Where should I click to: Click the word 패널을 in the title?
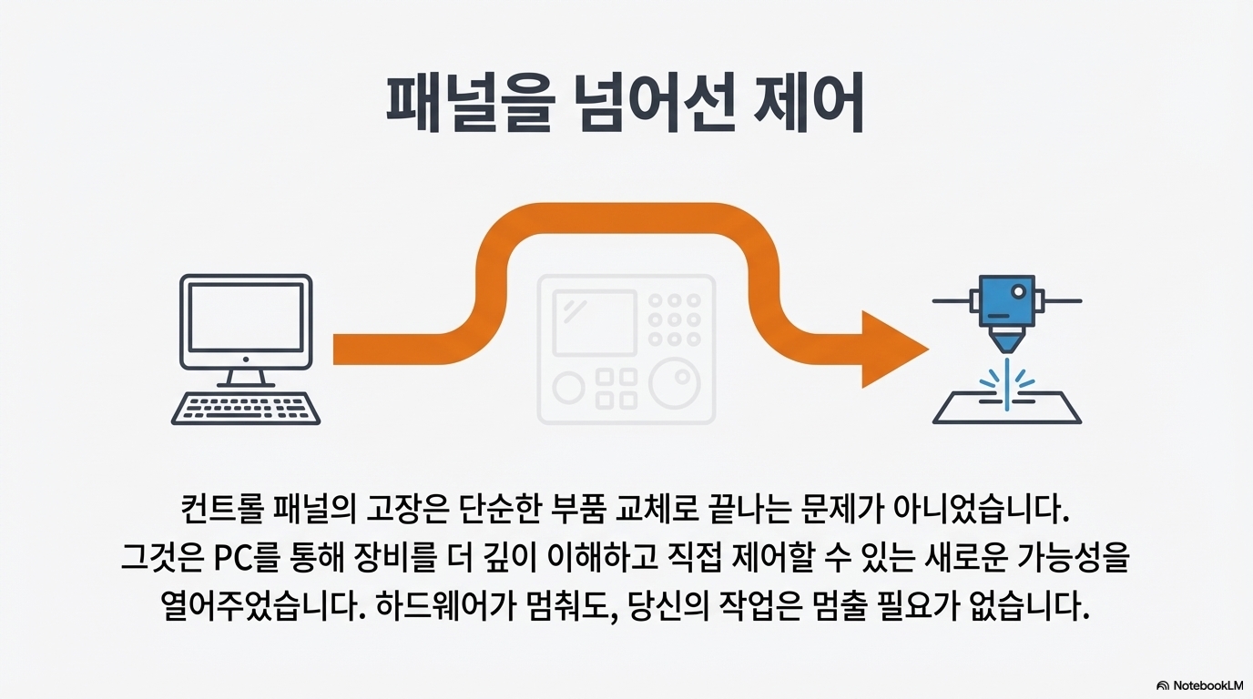[467, 103]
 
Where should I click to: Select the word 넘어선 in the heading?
[646, 103]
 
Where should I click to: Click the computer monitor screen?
[246, 316]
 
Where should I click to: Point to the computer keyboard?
[246, 407]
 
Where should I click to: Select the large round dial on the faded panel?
[676, 385]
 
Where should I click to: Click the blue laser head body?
[1005, 301]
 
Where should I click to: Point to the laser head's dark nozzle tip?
[1005, 344]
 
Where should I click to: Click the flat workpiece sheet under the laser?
[1007, 409]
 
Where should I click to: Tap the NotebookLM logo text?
[1207, 685]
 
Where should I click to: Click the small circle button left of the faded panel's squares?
[568, 389]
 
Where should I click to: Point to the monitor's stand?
[245, 376]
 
